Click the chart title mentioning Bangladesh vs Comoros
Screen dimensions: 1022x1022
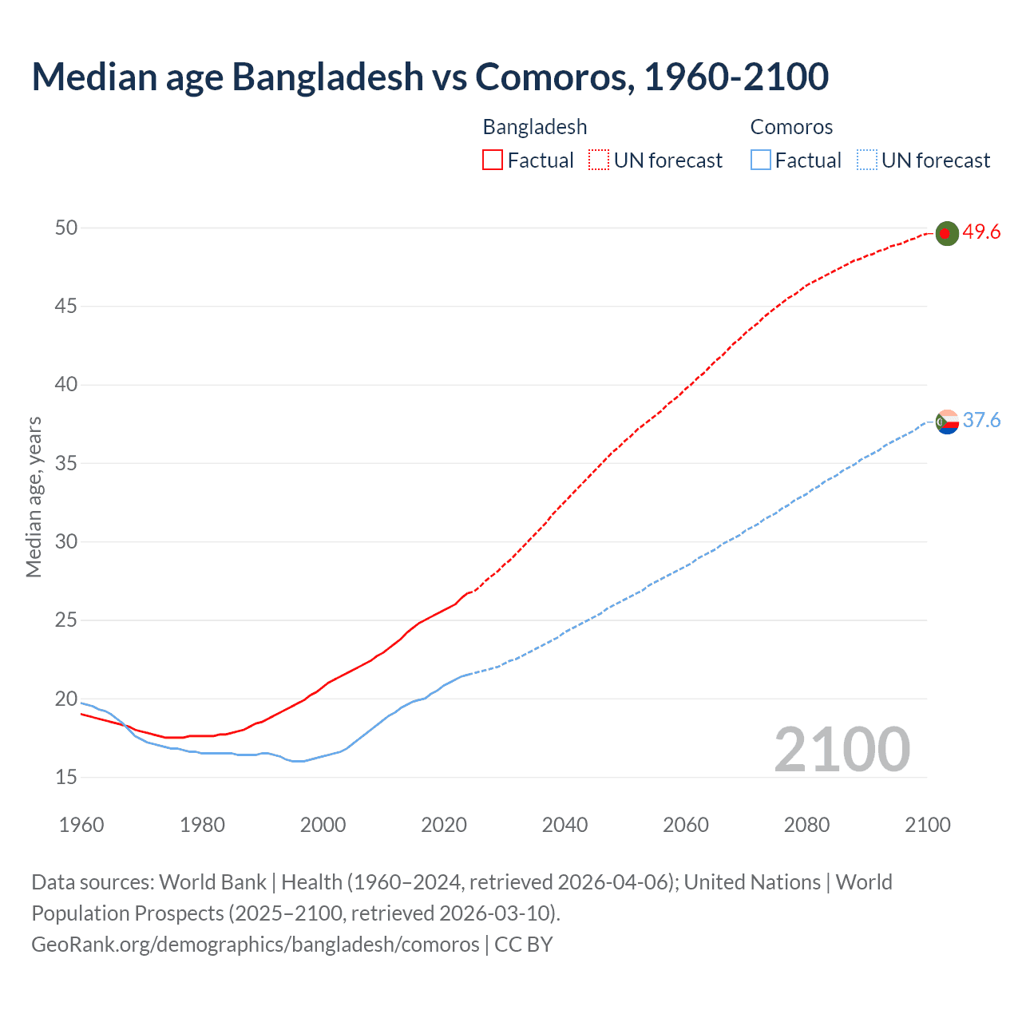(x=430, y=77)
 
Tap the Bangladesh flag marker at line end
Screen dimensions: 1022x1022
(x=946, y=233)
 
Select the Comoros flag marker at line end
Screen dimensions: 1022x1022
(x=946, y=421)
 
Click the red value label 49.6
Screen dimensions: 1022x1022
(x=981, y=232)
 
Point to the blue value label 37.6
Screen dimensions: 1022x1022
(x=981, y=421)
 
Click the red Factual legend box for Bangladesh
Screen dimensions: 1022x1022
(x=493, y=160)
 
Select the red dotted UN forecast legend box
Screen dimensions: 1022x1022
(x=599, y=160)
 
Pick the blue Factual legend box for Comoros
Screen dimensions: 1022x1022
(x=761, y=160)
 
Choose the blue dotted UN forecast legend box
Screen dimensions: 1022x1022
(x=866, y=160)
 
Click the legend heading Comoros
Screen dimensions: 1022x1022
(x=791, y=127)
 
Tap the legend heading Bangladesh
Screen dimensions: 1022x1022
(x=535, y=127)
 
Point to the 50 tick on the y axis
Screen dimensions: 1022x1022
(x=66, y=228)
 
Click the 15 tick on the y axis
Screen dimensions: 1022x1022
(x=66, y=777)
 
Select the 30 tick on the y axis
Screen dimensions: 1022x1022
(x=66, y=542)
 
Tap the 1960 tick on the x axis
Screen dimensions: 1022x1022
(x=81, y=825)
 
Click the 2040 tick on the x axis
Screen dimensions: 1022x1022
(x=564, y=825)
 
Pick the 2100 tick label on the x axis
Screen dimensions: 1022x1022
(x=928, y=825)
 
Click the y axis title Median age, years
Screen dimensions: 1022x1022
(x=34, y=497)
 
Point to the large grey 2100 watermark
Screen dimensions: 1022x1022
(x=842, y=750)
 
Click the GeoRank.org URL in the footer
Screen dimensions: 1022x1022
(x=255, y=945)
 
